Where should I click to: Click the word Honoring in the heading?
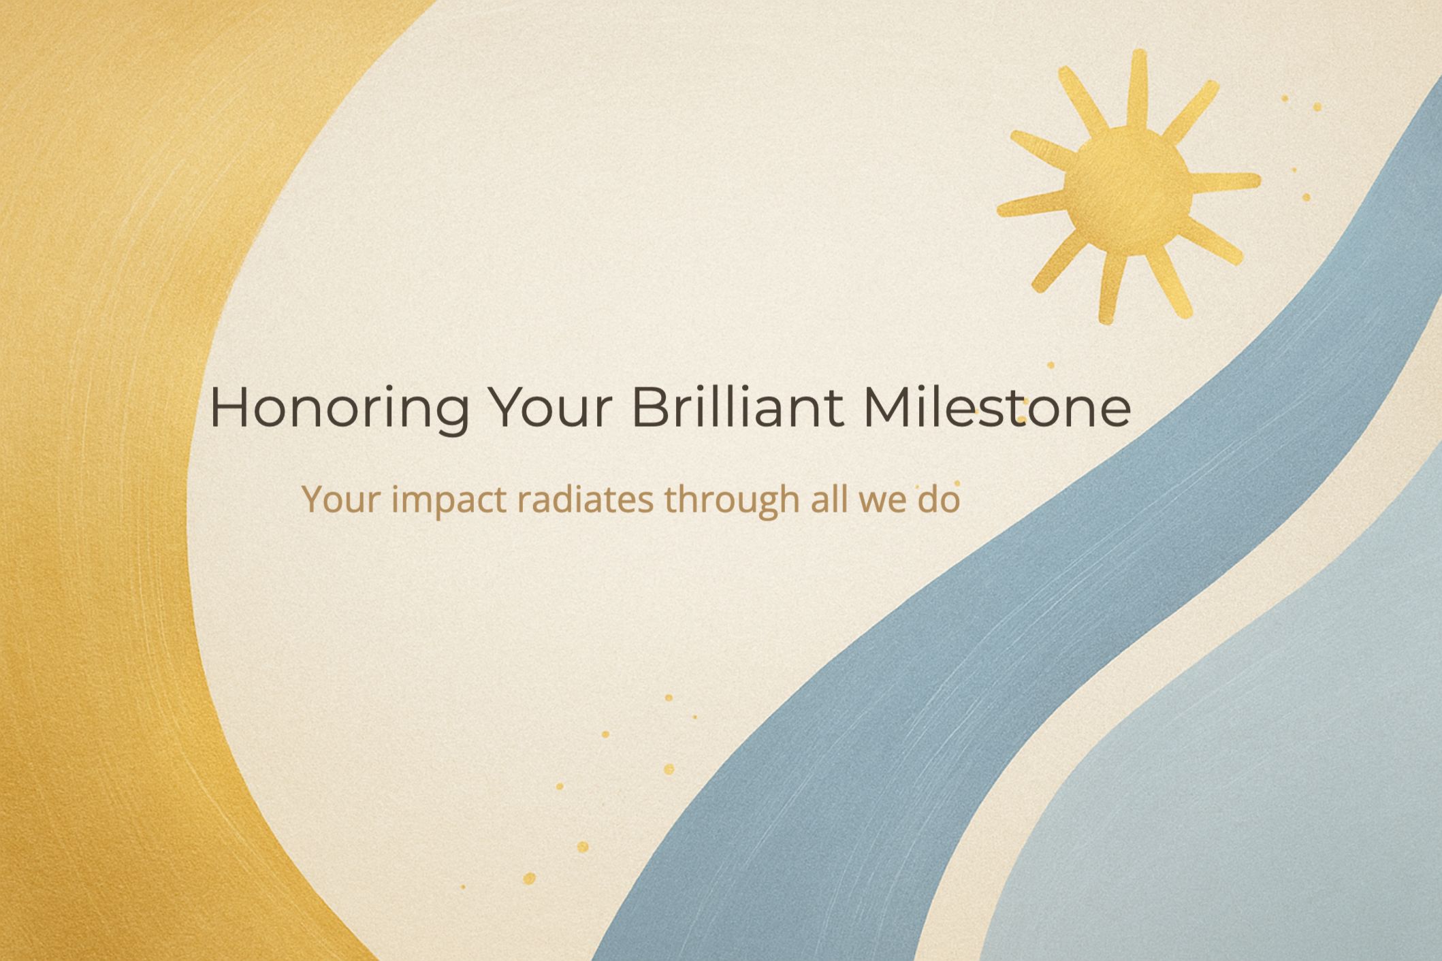339,408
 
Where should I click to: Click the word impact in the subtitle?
449,501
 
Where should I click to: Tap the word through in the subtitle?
732,501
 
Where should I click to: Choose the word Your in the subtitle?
341,500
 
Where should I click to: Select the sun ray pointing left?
1031,204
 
